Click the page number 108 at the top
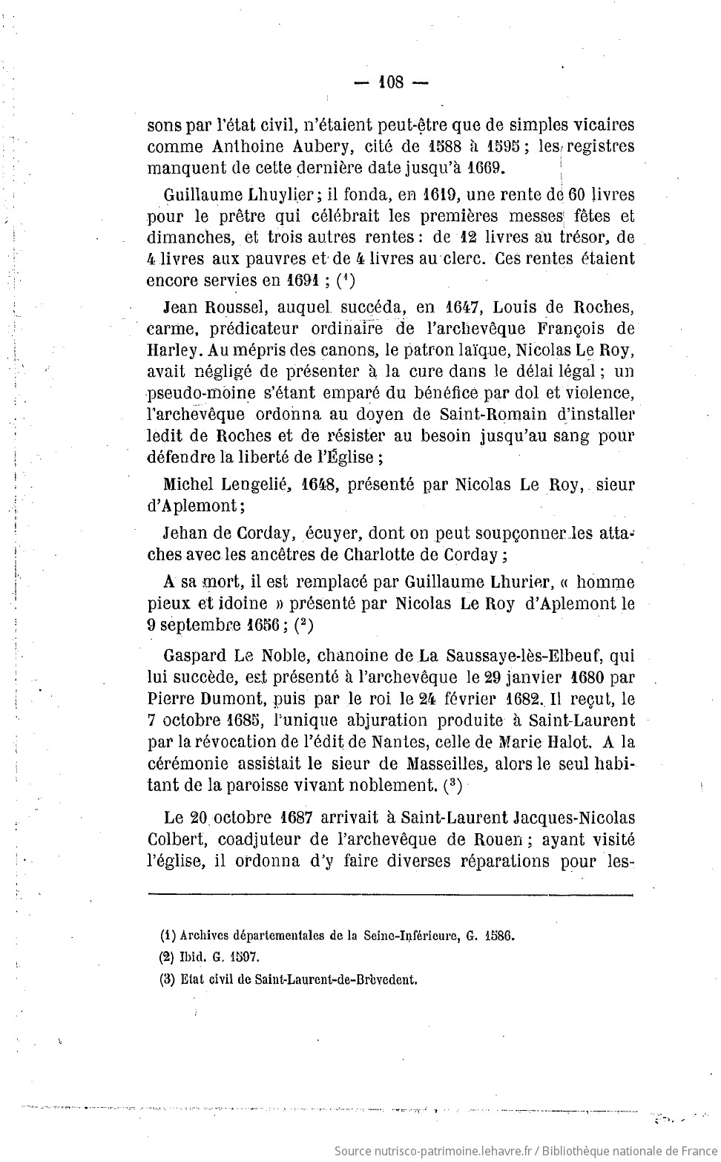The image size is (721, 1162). coord(390,82)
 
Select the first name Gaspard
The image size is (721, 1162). coord(192,656)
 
